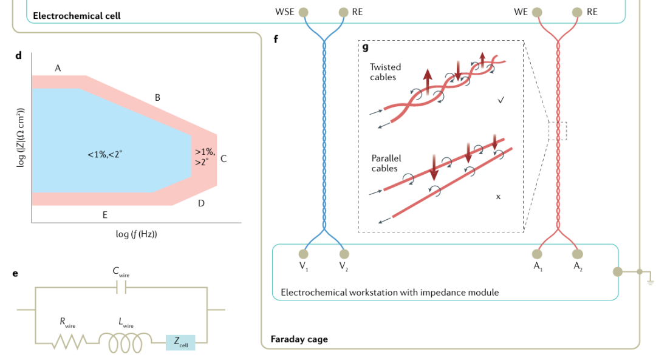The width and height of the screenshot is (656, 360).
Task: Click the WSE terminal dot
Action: click(x=303, y=12)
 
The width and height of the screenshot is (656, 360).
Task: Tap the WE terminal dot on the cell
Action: click(x=537, y=12)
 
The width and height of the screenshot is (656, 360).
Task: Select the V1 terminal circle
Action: click(x=303, y=254)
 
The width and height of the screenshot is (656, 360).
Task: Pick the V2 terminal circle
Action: click(x=344, y=254)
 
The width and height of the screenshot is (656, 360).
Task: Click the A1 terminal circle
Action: click(x=538, y=254)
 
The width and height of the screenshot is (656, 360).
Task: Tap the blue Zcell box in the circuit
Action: click(x=180, y=342)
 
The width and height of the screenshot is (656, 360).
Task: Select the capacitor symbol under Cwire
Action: click(x=121, y=289)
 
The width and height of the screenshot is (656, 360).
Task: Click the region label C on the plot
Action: click(x=224, y=159)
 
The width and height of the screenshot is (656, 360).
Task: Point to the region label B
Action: click(x=157, y=97)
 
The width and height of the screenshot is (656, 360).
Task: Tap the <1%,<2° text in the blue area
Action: click(x=104, y=155)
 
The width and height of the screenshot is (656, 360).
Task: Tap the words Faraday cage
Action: click(x=299, y=339)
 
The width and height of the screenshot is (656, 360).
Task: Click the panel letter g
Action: click(x=366, y=47)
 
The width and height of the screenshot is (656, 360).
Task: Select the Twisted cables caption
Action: click(x=385, y=72)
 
